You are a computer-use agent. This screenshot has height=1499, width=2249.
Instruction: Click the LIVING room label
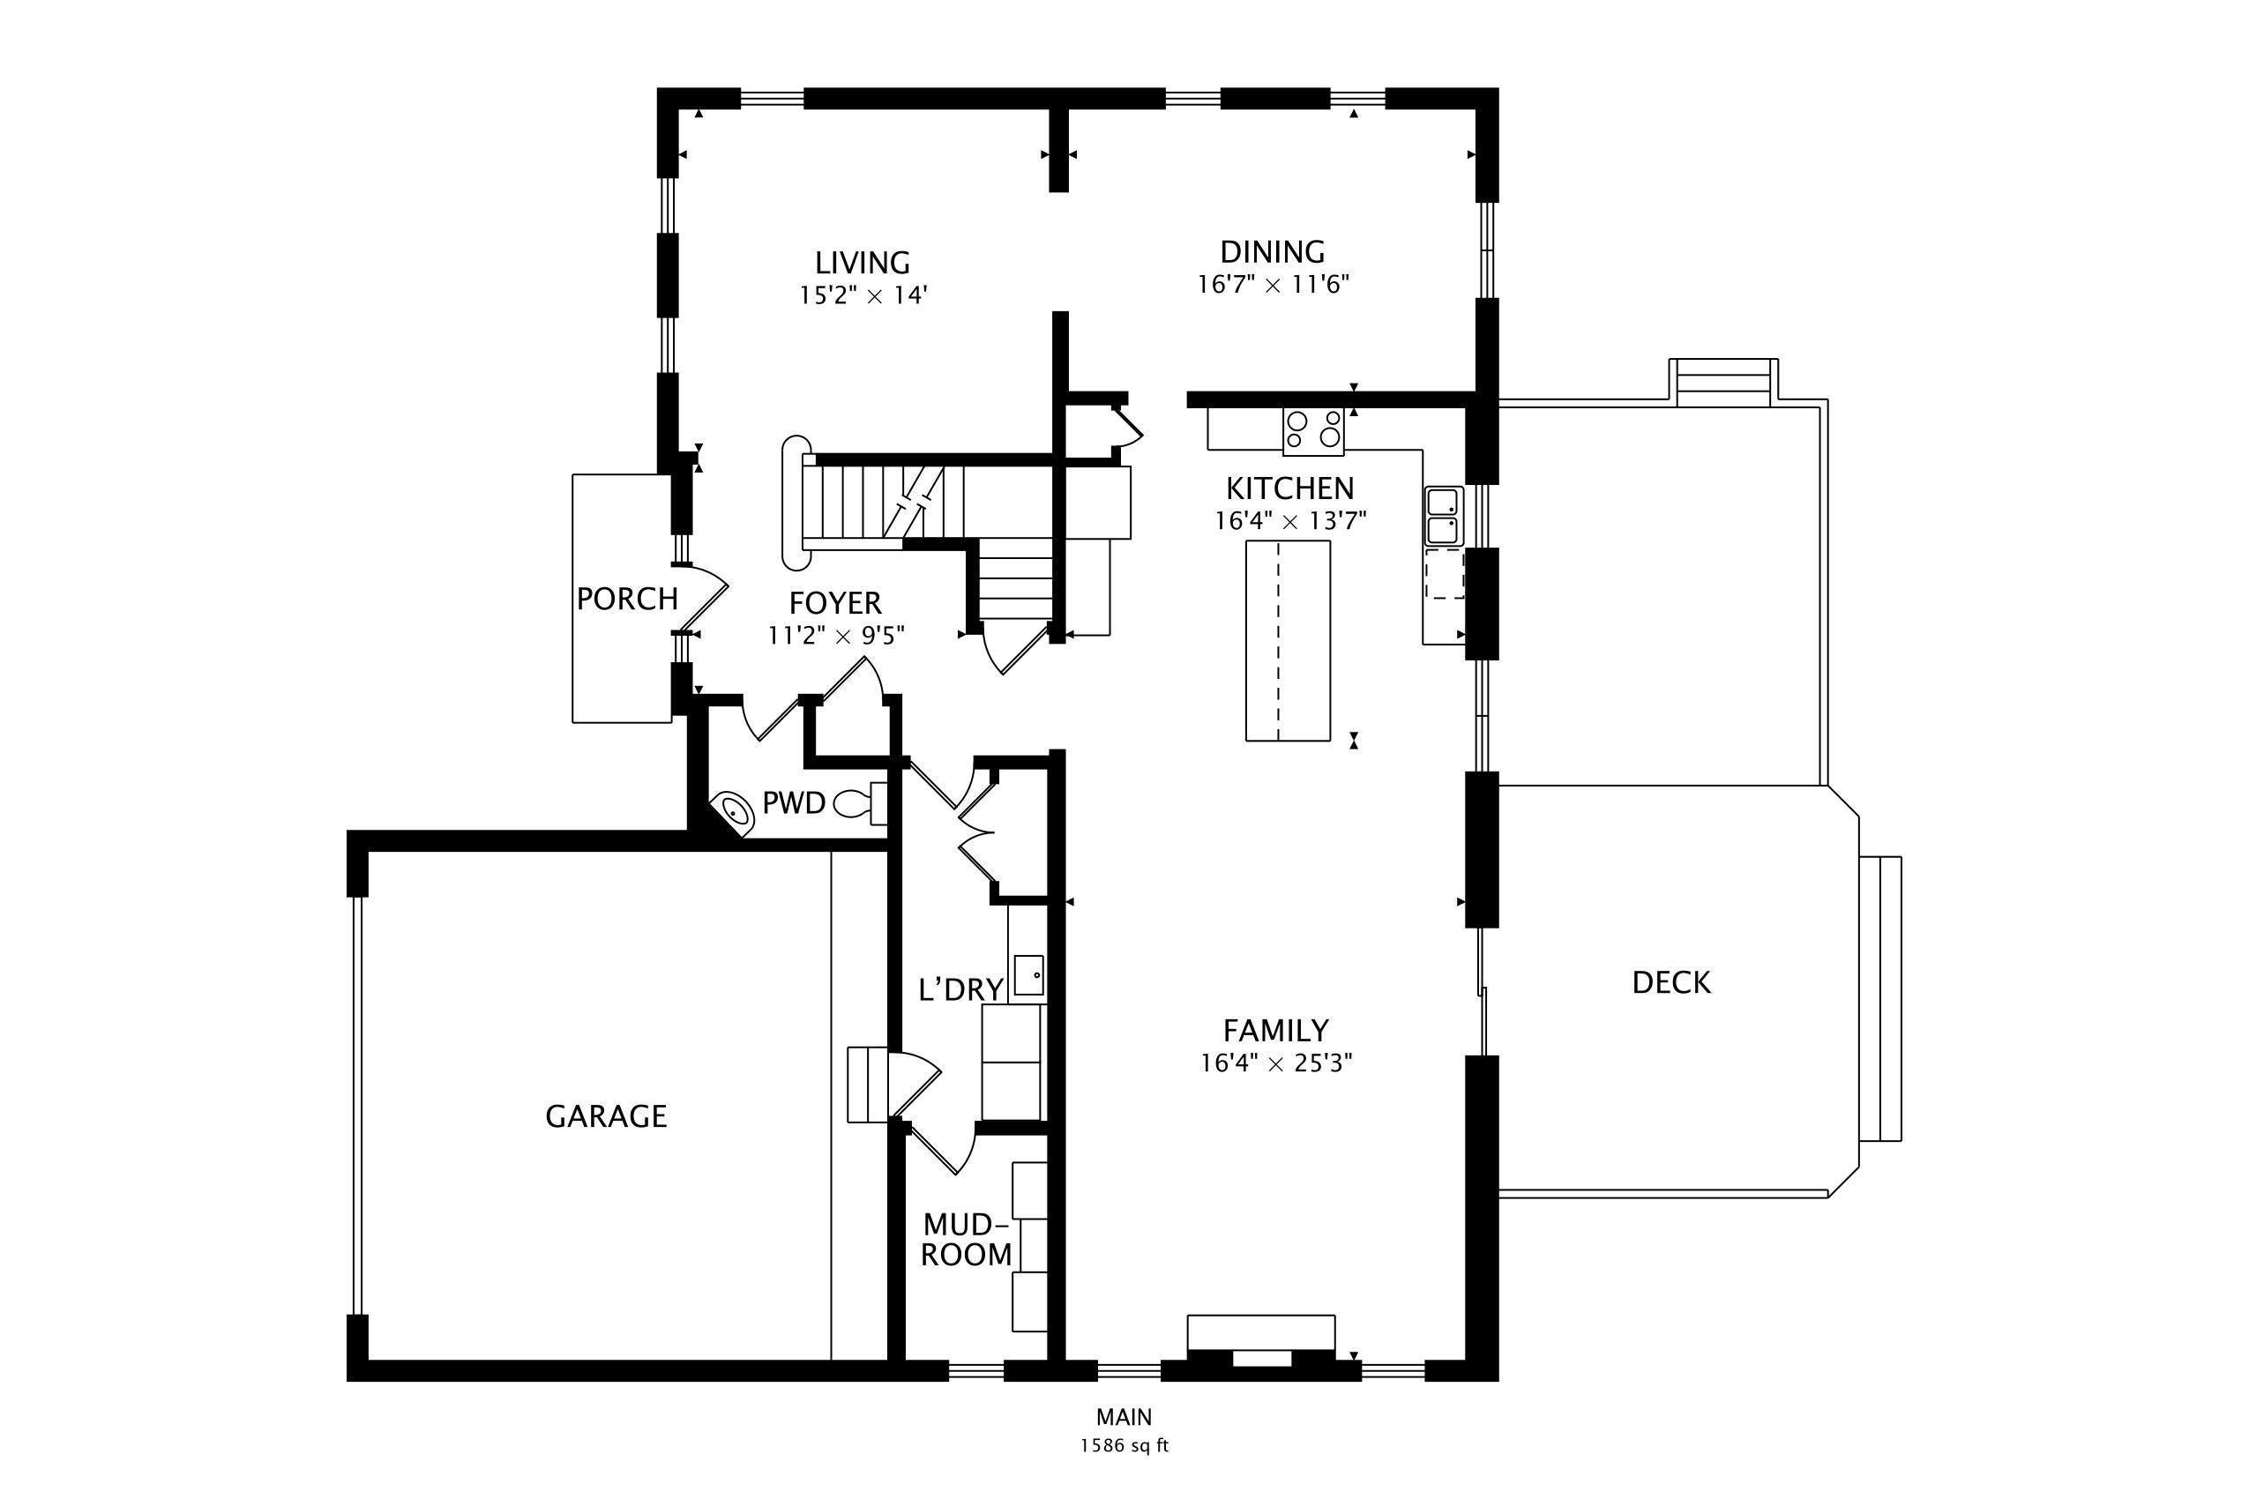click(x=863, y=263)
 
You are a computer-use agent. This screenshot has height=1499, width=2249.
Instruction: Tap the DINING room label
click(x=1273, y=252)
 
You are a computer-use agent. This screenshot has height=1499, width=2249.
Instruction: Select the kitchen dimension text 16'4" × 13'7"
click(x=1290, y=521)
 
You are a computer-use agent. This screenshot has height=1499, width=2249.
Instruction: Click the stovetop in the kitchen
click(x=1313, y=430)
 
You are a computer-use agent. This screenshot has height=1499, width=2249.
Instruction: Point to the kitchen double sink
click(x=1444, y=516)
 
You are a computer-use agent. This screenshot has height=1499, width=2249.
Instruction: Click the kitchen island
click(x=1288, y=640)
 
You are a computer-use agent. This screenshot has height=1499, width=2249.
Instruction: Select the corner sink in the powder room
click(x=734, y=811)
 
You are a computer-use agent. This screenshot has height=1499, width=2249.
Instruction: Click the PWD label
click(x=794, y=803)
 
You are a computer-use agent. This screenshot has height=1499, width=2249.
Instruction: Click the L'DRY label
click(x=961, y=989)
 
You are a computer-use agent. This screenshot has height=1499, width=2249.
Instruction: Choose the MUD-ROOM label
click(x=966, y=1240)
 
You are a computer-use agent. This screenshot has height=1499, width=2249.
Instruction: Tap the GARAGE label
click(x=606, y=1116)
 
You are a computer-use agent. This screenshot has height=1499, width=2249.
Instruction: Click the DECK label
click(x=1671, y=983)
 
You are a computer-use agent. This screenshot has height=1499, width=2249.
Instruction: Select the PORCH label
click(x=627, y=600)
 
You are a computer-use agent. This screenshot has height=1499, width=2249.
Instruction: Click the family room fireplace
click(x=1261, y=1347)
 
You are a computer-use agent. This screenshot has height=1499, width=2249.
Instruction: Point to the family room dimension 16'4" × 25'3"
click(x=1276, y=1063)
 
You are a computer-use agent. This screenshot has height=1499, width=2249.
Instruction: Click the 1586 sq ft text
click(x=1124, y=1445)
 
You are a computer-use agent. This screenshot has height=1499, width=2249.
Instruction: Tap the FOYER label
click(x=836, y=603)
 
